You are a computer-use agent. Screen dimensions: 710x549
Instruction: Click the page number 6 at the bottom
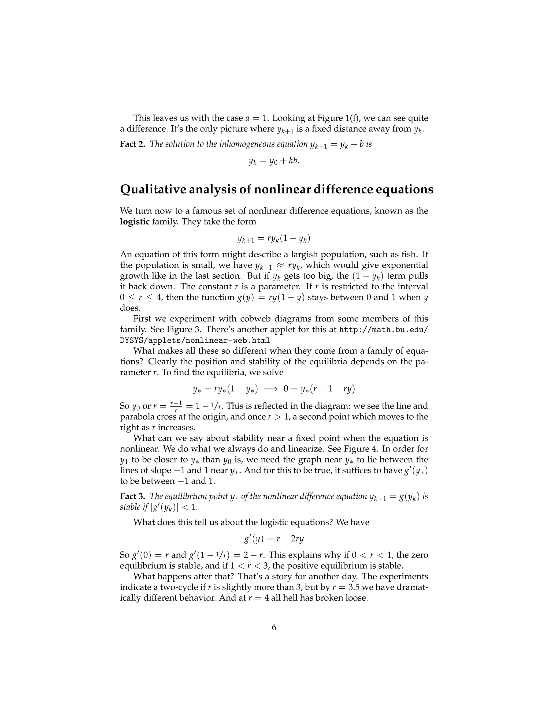click(274, 627)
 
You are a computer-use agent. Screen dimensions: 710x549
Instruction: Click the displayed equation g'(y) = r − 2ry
click(274, 539)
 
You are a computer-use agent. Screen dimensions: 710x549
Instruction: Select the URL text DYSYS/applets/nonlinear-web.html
click(195, 340)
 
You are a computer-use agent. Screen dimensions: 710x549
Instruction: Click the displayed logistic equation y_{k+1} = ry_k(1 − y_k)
click(274, 239)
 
